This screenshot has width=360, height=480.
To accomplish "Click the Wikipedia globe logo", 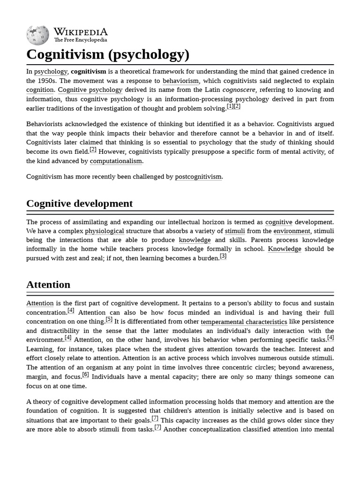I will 37,35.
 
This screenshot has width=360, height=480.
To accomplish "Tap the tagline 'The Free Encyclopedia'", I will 80,40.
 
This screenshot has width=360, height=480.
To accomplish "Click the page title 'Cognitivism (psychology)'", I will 108,54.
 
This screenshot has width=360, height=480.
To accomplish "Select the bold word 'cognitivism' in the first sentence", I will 88,72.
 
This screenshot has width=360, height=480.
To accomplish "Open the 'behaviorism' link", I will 180,81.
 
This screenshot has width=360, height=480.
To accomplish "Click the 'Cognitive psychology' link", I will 90,90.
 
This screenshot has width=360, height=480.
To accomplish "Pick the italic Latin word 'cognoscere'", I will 239,90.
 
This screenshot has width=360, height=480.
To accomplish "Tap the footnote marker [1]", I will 230,106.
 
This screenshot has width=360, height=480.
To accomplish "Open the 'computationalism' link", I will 116,161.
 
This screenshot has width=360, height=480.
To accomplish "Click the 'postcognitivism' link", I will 198,177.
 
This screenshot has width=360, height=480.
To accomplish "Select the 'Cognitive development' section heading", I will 80,203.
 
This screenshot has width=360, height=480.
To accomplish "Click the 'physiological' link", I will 104,231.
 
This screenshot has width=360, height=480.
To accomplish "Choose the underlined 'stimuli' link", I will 235,231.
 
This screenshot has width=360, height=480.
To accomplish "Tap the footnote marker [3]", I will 223,256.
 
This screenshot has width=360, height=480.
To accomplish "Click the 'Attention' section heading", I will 48,285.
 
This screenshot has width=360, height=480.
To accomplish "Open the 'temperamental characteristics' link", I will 244,322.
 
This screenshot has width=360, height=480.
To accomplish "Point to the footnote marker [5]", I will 109,320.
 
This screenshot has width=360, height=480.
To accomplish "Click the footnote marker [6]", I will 85,375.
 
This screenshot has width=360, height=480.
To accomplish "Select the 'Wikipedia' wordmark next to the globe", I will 80,32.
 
